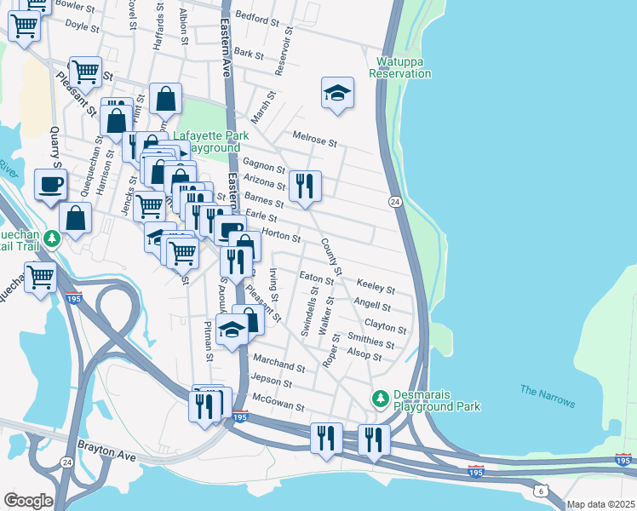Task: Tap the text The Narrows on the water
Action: pyautogui.click(x=548, y=396)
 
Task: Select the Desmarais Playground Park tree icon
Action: pyautogui.click(x=381, y=398)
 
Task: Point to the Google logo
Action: pyautogui.click(x=27, y=501)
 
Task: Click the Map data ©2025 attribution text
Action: pyautogui.click(x=600, y=504)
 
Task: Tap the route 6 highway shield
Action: pyautogui.click(x=539, y=491)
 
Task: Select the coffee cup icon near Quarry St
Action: pyautogui.click(x=50, y=183)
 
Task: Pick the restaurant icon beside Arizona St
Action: pyautogui.click(x=304, y=186)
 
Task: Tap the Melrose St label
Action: pyautogui.click(x=315, y=136)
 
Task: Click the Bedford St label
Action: pyautogui.click(x=257, y=18)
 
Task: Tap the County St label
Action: pyautogui.click(x=330, y=258)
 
